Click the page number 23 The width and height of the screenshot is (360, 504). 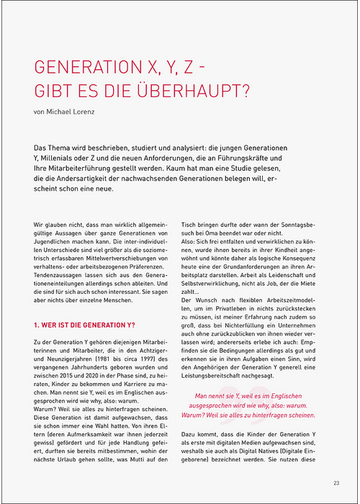pyautogui.click(x=336, y=482)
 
